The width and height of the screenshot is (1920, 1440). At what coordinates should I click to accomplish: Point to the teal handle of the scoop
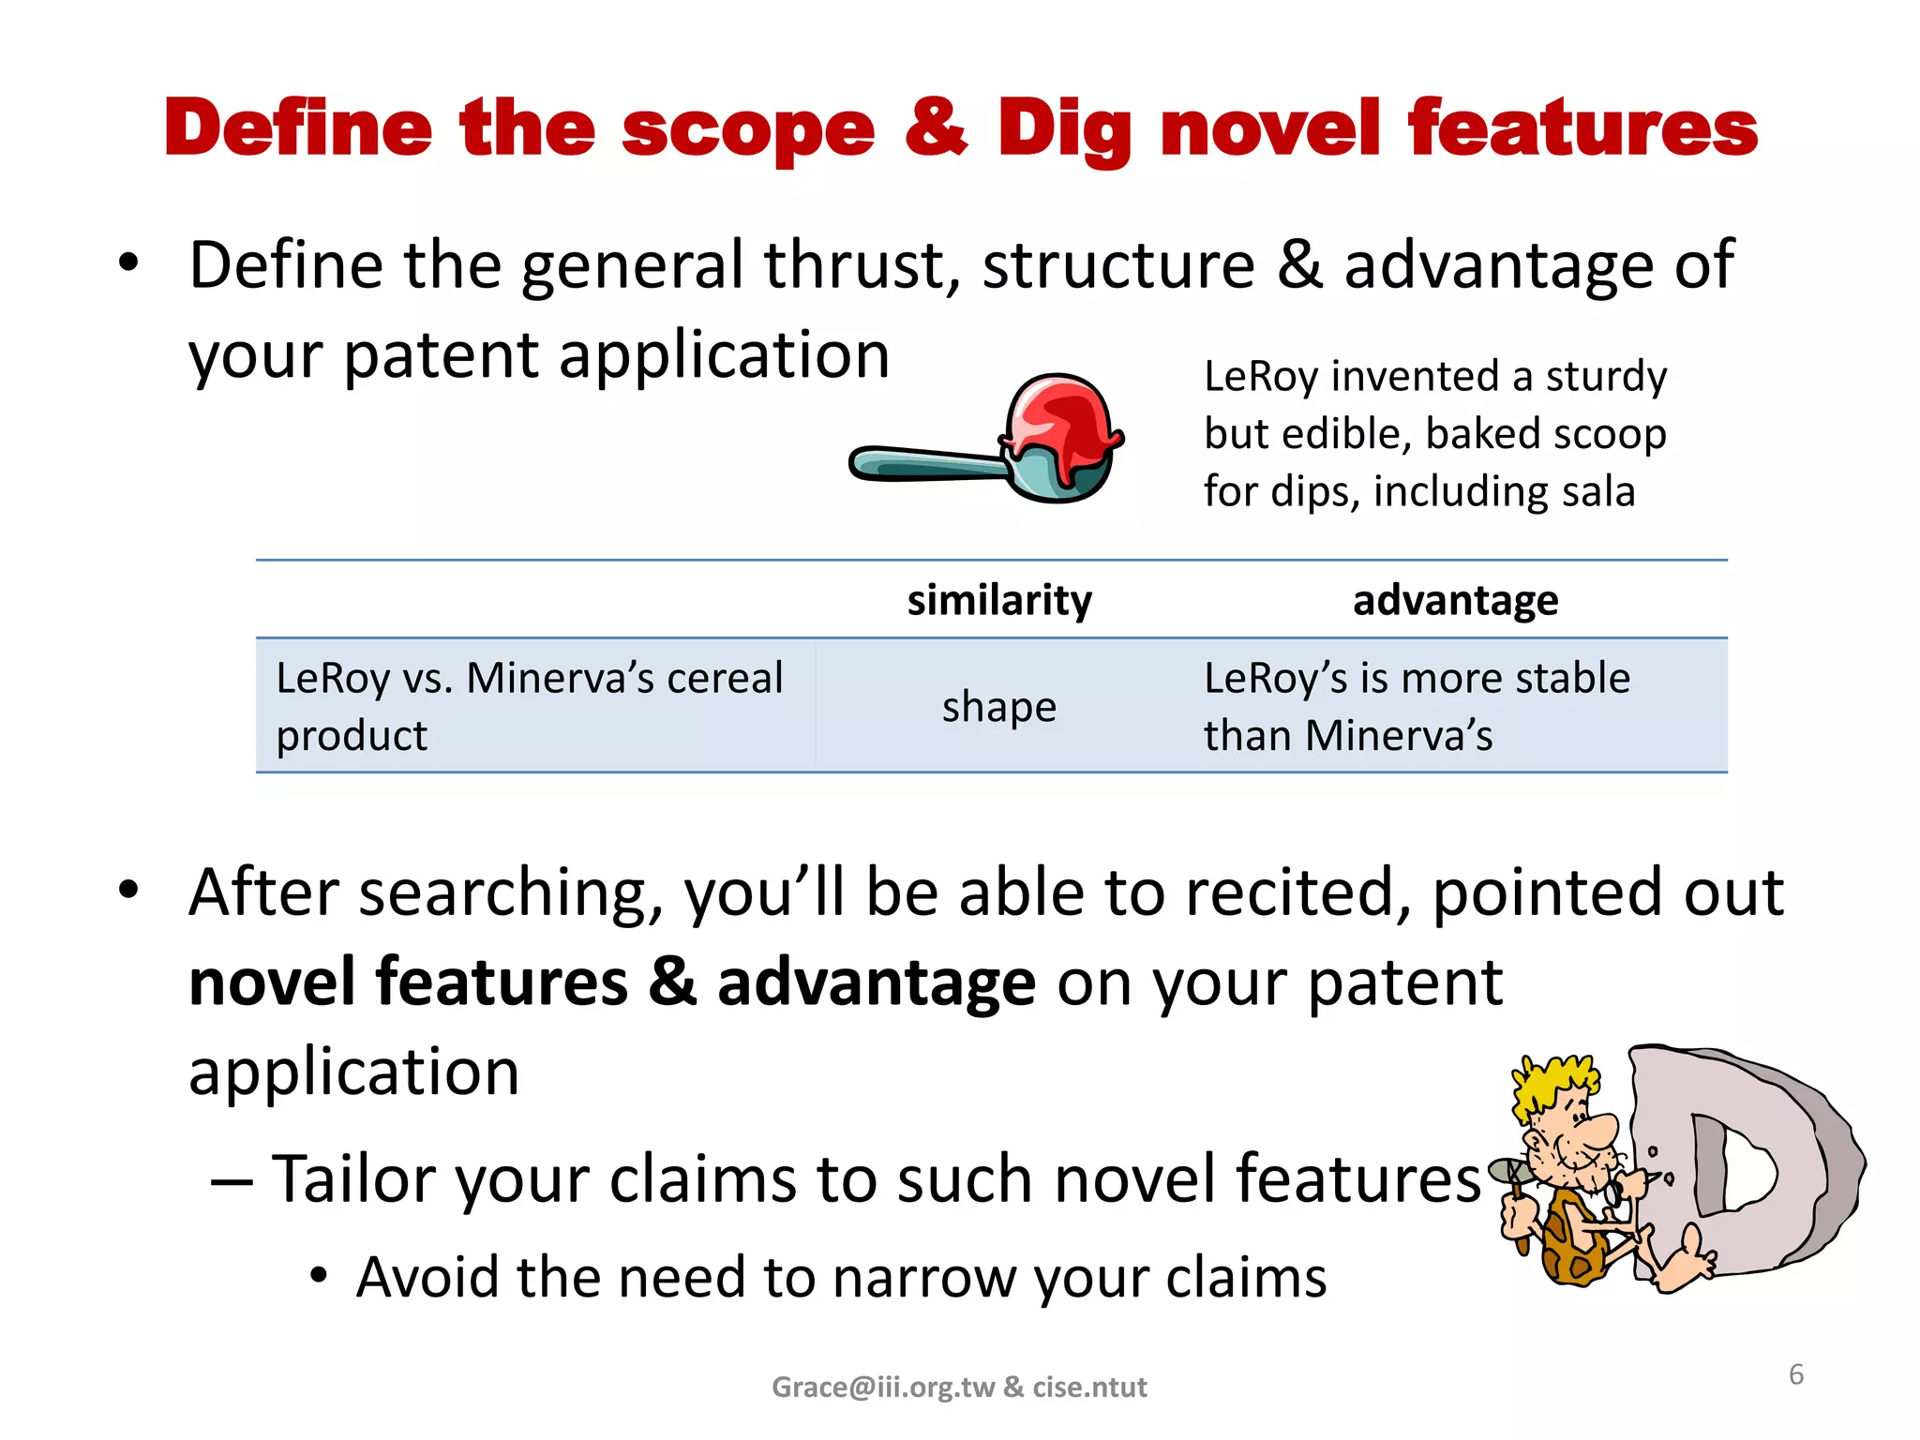point(928,463)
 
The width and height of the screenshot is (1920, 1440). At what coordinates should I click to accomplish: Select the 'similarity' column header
point(999,600)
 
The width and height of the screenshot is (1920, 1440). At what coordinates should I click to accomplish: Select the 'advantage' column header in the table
point(1455,600)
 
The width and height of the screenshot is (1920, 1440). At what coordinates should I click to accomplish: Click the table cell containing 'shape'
point(999,706)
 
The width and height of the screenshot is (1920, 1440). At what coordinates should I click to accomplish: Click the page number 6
point(1796,1374)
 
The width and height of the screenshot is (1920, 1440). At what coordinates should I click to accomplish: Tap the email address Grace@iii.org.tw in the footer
point(882,1387)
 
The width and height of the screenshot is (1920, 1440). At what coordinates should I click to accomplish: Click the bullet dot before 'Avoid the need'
point(319,1276)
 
